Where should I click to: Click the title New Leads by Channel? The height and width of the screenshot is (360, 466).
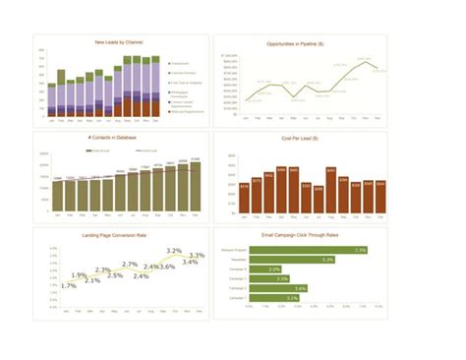[x=119, y=42]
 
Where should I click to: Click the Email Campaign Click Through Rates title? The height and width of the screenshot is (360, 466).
[x=302, y=235]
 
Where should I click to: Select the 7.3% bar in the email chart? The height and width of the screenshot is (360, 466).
[x=308, y=250]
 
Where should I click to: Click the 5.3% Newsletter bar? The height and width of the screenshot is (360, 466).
[x=292, y=260]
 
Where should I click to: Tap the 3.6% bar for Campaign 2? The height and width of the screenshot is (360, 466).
[x=278, y=287]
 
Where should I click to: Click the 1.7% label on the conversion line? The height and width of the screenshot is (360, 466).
[x=68, y=285]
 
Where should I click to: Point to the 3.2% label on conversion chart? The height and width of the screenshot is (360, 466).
[x=174, y=252]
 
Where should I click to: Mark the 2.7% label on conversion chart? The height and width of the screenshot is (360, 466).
[x=130, y=264]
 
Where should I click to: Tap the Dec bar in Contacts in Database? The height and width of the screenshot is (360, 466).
[x=195, y=187]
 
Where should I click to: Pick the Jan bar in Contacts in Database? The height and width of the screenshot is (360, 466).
[x=57, y=196]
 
